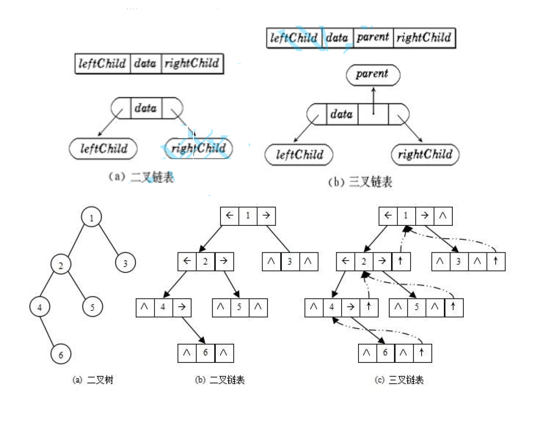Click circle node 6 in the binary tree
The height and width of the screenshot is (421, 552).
(61, 353)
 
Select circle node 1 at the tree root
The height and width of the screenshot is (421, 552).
(91, 216)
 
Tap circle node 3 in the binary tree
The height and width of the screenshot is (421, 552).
(125, 262)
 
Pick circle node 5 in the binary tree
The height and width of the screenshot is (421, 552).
(92, 306)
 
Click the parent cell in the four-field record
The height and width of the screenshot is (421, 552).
(373, 37)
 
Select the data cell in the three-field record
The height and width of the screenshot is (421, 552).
(146, 64)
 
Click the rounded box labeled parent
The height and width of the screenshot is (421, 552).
(373, 75)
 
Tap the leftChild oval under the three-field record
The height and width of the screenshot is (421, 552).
(103, 148)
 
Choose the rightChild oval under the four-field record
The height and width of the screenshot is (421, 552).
(425, 155)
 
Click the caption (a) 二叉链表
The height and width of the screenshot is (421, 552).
(141, 177)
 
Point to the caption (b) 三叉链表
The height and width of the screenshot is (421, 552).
(360, 181)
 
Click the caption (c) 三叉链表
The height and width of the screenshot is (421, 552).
(399, 379)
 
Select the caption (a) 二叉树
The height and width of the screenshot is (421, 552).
(92, 379)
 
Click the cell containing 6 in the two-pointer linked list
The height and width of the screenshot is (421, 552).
(205, 353)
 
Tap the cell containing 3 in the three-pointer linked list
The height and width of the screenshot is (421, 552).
(459, 261)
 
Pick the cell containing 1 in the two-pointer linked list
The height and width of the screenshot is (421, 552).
(248, 216)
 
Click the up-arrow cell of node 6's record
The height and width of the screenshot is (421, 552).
(422, 353)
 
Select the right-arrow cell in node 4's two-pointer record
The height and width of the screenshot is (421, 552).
(182, 307)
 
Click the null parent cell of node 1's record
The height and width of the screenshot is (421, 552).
(443, 216)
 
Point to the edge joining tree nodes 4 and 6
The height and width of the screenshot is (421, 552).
(47, 331)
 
